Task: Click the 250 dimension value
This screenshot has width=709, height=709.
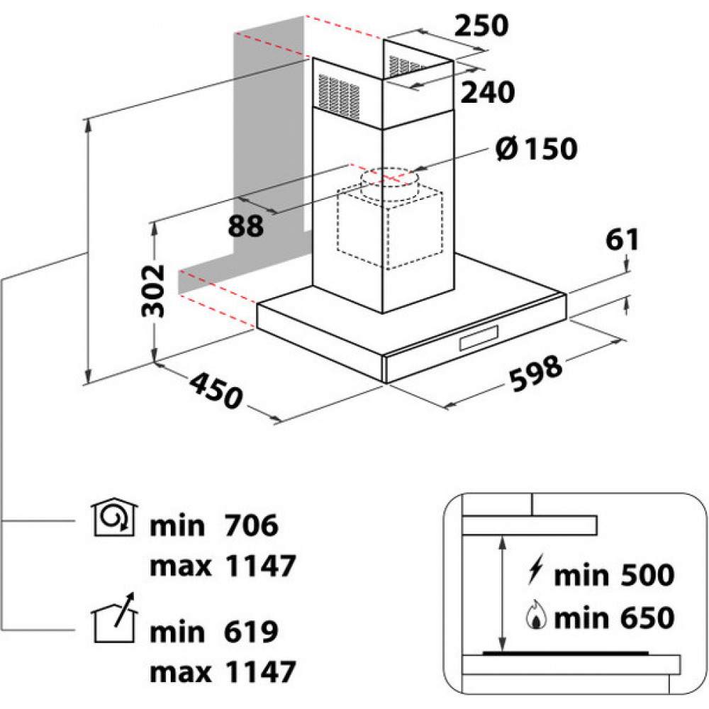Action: pyautogui.click(x=481, y=26)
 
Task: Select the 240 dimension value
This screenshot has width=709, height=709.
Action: pyautogui.click(x=486, y=92)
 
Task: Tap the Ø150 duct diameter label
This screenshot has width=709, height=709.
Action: pyautogui.click(x=537, y=149)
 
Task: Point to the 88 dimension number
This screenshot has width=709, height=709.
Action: pyautogui.click(x=246, y=226)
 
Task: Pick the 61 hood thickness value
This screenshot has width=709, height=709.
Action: pyautogui.click(x=623, y=240)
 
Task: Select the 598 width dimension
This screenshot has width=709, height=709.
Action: pyautogui.click(x=536, y=372)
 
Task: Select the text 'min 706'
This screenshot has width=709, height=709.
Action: pyautogui.click(x=214, y=526)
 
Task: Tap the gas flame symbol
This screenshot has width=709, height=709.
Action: pyautogui.click(x=537, y=618)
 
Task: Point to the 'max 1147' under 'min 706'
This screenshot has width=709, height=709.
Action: pyautogui.click(x=222, y=566)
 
